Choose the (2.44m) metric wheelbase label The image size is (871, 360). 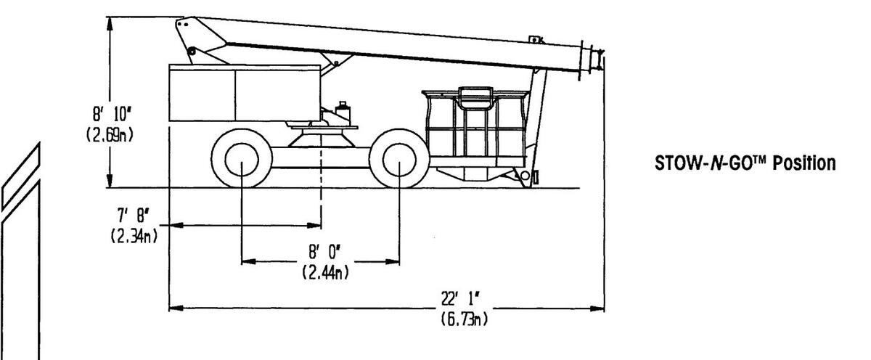click(x=321, y=273)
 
